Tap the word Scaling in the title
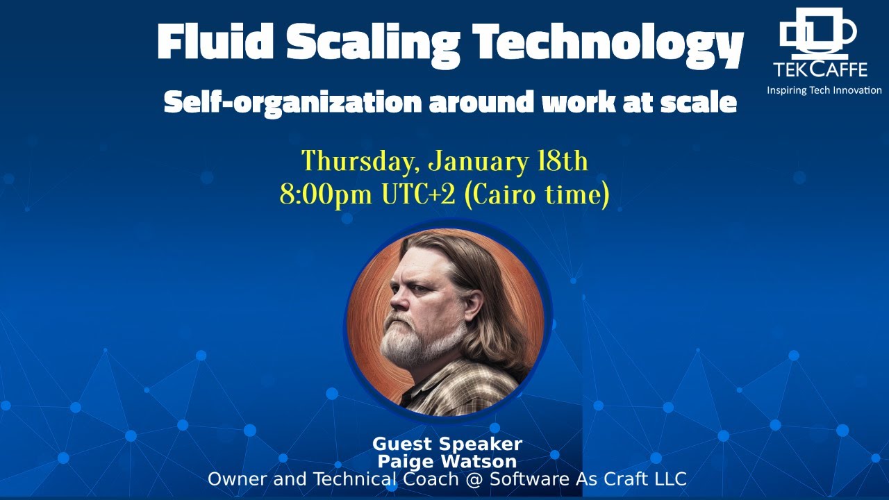tap(373, 43)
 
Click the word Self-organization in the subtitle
tap(292, 102)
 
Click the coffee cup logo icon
tap(817, 32)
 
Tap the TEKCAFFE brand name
tap(820, 69)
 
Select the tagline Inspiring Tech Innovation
tap(824, 90)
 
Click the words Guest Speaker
tap(447, 444)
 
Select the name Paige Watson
tap(447, 461)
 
